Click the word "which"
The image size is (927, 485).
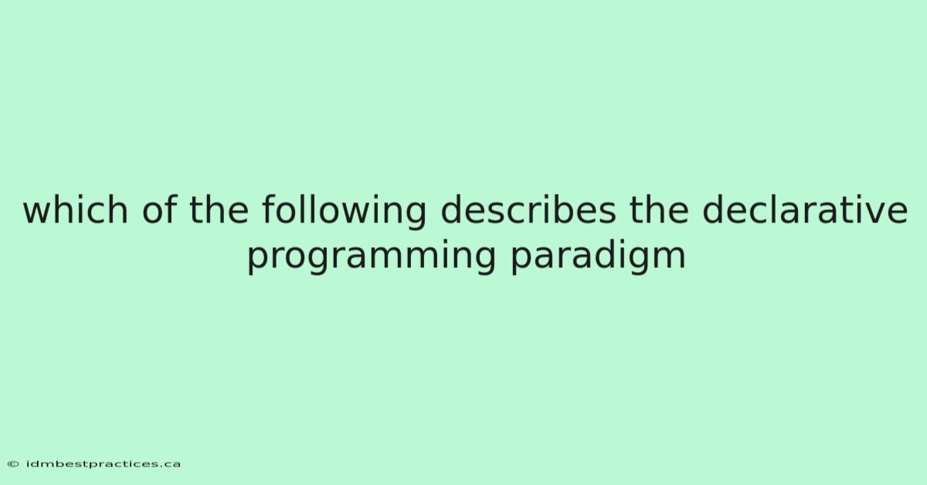pos(76,210)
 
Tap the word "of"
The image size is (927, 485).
pos(159,210)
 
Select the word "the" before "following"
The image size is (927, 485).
pos(219,210)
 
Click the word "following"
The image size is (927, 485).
pos(344,212)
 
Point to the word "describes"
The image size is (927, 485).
pos(528,210)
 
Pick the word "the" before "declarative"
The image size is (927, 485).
pos(659,210)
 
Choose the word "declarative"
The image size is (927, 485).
pos(805,210)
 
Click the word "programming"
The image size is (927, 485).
pos(372,256)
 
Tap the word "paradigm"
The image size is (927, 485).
pos(598,256)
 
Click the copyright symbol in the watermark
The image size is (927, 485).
pos(13,464)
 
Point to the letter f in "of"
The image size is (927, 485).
pos(171,209)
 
